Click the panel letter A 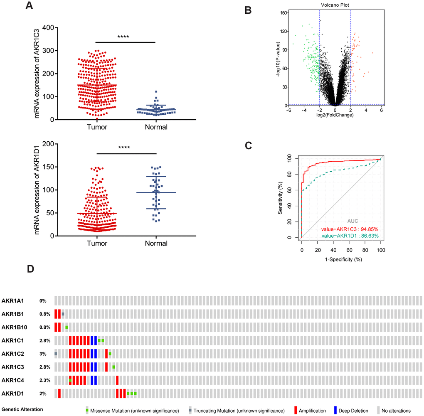pos(29,6)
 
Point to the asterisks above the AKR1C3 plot pos(123,37)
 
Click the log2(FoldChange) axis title pos(335,115)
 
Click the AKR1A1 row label pos(12,300)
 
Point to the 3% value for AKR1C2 pos(43,354)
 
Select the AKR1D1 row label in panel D pos(12,394)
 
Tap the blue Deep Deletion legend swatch pos(335,411)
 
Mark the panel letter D pos(30,269)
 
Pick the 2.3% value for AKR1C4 pos(45,380)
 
